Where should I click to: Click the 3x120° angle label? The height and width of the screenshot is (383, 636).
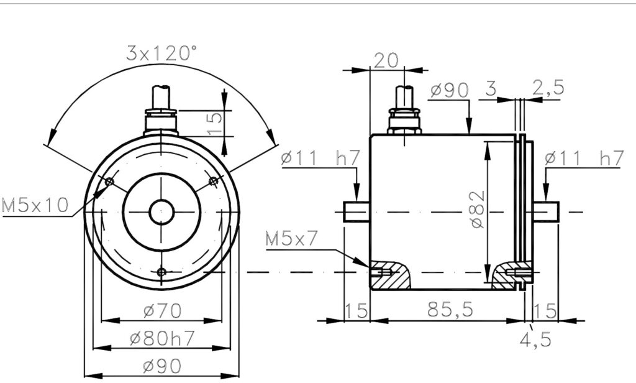(x=161, y=53)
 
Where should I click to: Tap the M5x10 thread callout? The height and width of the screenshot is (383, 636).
(x=35, y=205)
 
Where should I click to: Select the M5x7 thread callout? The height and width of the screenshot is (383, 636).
(x=291, y=238)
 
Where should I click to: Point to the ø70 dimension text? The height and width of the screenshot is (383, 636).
(x=162, y=311)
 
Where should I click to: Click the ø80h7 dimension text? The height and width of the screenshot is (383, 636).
(x=162, y=338)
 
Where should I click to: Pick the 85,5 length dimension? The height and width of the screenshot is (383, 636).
(x=450, y=310)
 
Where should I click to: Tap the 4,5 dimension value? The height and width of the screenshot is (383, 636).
(x=536, y=339)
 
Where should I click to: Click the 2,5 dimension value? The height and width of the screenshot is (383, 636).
(x=548, y=87)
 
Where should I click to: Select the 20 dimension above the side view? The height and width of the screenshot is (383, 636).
(x=386, y=60)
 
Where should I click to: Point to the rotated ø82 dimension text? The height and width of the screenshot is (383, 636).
(x=479, y=210)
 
